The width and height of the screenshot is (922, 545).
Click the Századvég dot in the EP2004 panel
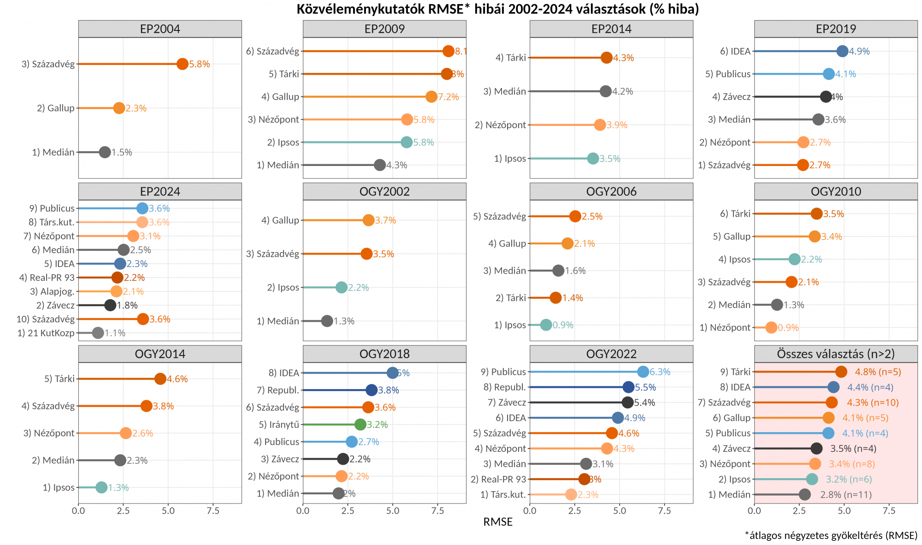pos(183,64)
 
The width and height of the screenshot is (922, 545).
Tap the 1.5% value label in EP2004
pos(122,153)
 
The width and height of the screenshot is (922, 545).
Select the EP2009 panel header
pos(384,29)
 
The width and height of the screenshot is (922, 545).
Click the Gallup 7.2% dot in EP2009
pos(431,97)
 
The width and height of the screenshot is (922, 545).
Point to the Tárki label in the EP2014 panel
pos(511,58)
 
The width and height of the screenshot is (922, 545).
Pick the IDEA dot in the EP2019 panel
pos(842,51)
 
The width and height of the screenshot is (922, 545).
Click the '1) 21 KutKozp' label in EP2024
pos(46,333)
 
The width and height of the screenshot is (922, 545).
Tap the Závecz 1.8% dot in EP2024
pos(110,305)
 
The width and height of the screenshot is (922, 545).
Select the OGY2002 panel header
pos(384,191)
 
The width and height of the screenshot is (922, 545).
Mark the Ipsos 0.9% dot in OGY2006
pos(546,325)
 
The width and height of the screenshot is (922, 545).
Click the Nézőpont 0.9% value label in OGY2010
pos(788,328)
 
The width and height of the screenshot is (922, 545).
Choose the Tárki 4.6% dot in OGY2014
pos(160,379)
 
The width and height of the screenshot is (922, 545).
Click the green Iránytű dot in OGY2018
pos(361,425)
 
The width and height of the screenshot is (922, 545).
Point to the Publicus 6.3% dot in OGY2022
pos(643,372)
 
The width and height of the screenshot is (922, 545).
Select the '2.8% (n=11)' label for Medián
pos(846,495)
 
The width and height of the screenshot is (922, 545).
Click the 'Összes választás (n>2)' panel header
pos(836,354)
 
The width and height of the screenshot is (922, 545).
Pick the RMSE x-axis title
pos(498,522)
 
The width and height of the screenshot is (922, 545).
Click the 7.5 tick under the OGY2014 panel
pos(213,511)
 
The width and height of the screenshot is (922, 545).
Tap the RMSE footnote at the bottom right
pos(831,535)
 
